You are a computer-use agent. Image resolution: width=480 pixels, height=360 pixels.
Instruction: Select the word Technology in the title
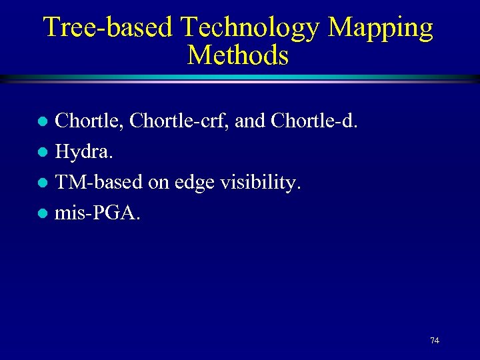(x=251, y=27)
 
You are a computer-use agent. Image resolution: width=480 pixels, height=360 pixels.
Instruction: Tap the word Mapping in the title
(x=381, y=27)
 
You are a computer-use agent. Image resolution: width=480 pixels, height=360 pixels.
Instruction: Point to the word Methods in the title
(x=238, y=55)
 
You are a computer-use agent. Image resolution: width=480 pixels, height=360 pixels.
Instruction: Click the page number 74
(x=434, y=341)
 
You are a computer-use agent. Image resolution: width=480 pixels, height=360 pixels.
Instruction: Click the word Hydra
(x=83, y=152)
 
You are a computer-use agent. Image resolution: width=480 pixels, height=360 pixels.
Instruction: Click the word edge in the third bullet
(x=191, y=183)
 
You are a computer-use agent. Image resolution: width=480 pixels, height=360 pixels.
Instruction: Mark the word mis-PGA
(x=97, y=213)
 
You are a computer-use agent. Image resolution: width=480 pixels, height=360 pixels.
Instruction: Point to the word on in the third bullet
(x=157, y=183)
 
